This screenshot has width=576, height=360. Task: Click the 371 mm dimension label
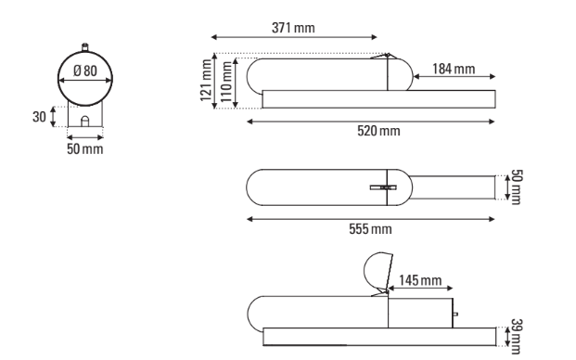click(293, 28)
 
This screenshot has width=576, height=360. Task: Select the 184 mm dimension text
click(454, 69)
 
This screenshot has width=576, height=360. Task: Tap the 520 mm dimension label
click(378, 131)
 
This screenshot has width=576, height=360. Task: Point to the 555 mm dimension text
click(370, 229)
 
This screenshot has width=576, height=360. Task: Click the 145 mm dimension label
click(420, 280)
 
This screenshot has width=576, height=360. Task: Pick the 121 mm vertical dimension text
click(206, 81)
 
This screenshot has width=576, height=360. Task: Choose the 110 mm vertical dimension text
click(225, 82)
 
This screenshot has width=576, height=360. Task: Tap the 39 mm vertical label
click(517, 337)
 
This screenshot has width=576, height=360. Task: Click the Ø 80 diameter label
click(85, 71)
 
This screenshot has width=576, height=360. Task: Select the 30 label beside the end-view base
click(39, 117)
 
